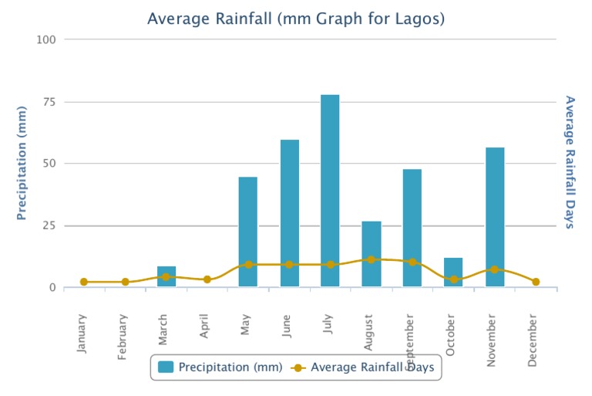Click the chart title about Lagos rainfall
coord(296,18)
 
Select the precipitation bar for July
coord(330,191)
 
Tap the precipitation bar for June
coord(289,213)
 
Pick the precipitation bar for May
coord(248,232)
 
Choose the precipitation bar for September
coord(412,228)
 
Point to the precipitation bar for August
coord(372,254)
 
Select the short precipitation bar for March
coord(166,276)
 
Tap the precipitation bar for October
coord(453,272)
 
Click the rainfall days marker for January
coord(84,282)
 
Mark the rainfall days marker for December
coord(536,282)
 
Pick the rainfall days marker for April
coord(207,279)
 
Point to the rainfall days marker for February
coord(125,282)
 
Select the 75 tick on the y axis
coord(49,102)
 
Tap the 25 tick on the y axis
coord(49,225)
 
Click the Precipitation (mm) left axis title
coord(22,164)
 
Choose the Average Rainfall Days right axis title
coord(570,162)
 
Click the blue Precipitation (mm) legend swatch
coord(166,367)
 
